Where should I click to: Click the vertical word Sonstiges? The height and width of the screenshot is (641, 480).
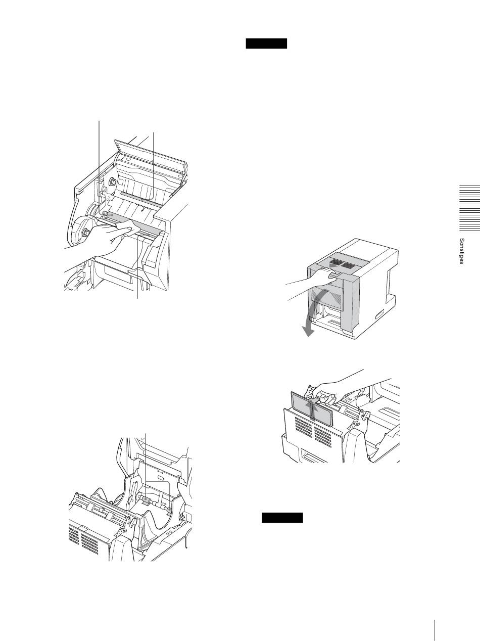pyautogui.click(x=462, y=251)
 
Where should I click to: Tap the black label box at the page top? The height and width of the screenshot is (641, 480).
pyautogui.click(x=266, y=43)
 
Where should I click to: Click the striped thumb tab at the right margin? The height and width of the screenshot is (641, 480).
pyautogui.click(x=470, y=208)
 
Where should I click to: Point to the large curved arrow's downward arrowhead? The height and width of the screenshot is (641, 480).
pyautogui.click(x=307, y=331)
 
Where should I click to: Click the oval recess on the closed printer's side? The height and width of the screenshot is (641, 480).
pyautogui.click(x=379, y=315)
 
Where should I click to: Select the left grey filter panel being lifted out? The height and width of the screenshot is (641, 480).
pyautogui.click(x=302, y=404)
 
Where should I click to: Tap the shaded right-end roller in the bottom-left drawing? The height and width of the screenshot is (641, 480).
pyautogui.click(x=169, y=510)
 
